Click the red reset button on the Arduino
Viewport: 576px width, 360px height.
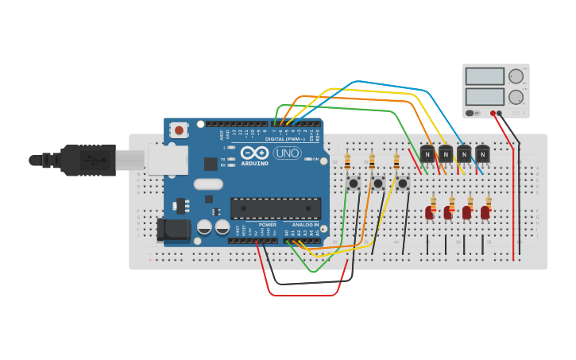coord(180,130)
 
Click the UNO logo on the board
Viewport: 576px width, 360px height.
coord(287,153)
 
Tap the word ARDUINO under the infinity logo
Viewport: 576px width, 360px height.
coord(255,163)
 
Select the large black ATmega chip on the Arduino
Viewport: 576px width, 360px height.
coord(276,208)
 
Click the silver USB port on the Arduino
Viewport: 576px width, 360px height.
coord(168,160)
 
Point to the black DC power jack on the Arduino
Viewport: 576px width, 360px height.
coord(172,230)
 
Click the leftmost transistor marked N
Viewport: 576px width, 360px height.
coord(427,153)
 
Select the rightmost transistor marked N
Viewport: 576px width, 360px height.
coord(482,153)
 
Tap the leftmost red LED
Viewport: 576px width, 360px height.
coord(430,212)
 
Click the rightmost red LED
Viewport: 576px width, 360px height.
coord(485,212)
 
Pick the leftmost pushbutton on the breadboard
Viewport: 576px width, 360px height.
coord(354,184)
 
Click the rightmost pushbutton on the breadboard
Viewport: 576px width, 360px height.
coord(403,184)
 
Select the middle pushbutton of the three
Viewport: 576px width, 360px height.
coord(378,184)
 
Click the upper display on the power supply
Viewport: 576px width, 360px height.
coord(485,76)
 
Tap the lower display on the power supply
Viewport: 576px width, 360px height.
coord(485,97)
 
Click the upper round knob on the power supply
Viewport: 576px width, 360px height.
coord(516,76)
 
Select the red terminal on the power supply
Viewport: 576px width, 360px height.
coord(493,113)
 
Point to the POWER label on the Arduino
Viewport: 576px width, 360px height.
coord(268,225)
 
